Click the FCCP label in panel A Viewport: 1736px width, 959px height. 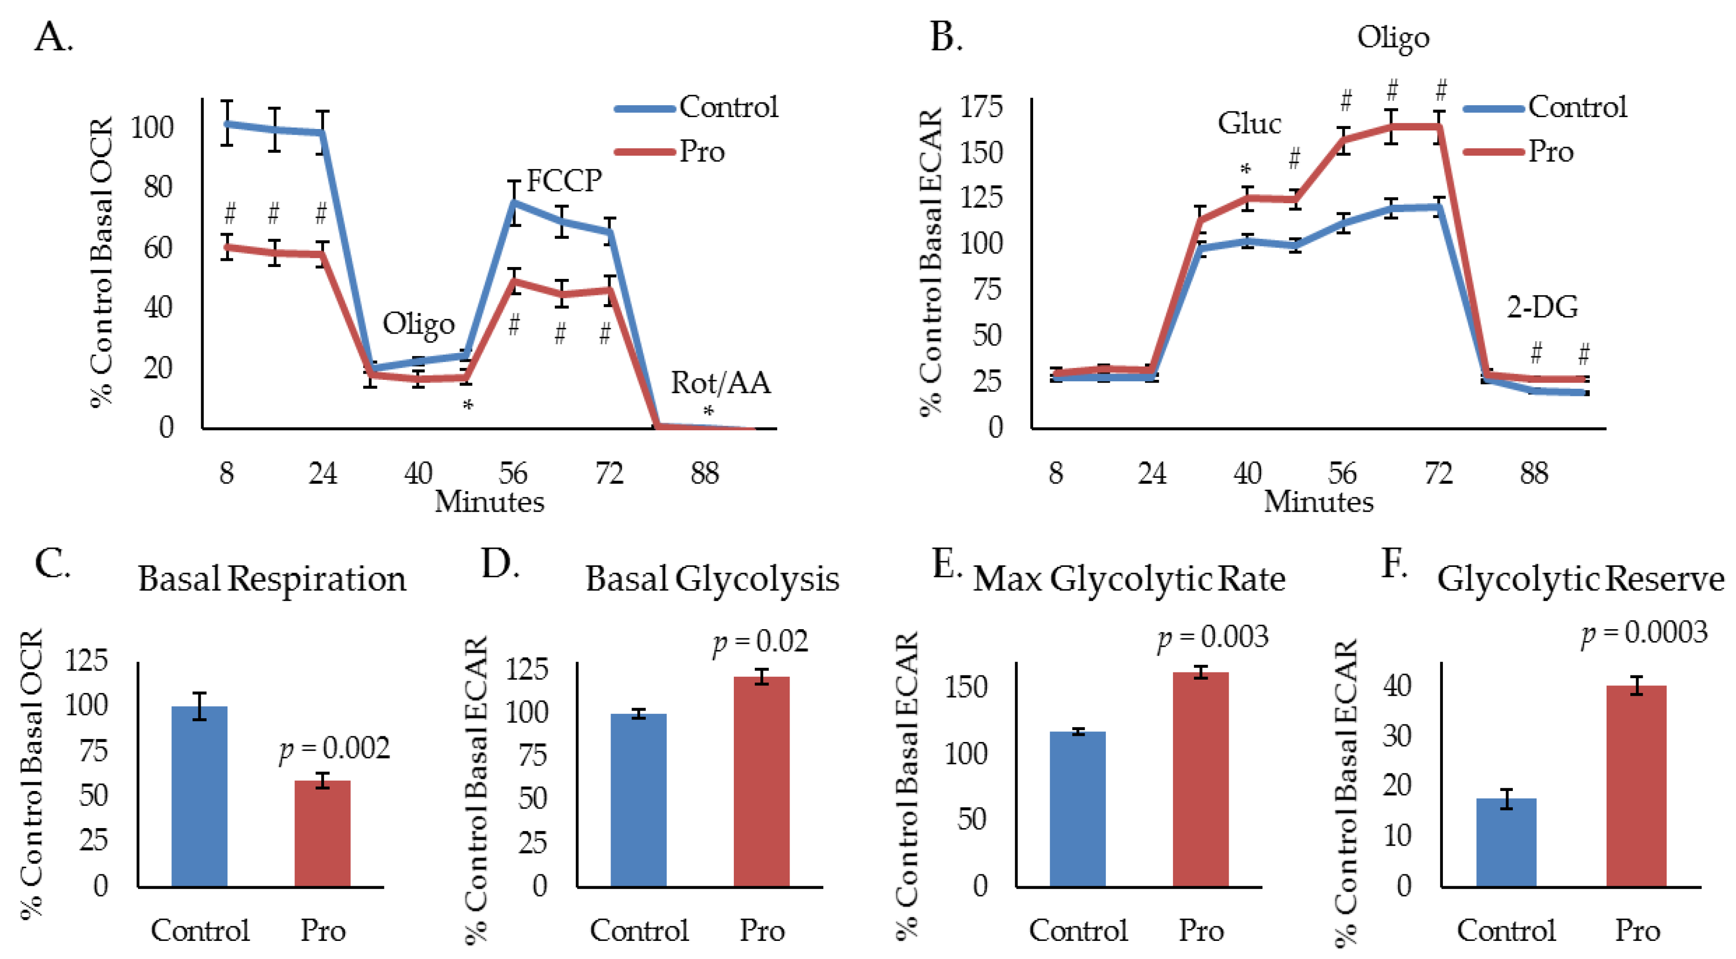click(x=563, y=180)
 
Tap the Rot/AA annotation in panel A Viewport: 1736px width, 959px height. click(x=720, y=383)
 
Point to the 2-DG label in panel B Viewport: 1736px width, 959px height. click(x=1542, y=307)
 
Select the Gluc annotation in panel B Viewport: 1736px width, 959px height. click(x=1249, y=123)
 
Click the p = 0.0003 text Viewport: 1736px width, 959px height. click(x=1644, y=633)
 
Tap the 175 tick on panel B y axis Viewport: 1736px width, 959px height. click(x=981, y=107)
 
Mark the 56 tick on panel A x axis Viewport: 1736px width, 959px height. click(x=513, y=473)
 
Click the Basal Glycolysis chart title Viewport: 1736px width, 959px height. click(x=711, y=579)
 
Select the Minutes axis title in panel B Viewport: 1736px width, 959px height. click(x=1318, y=502)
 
